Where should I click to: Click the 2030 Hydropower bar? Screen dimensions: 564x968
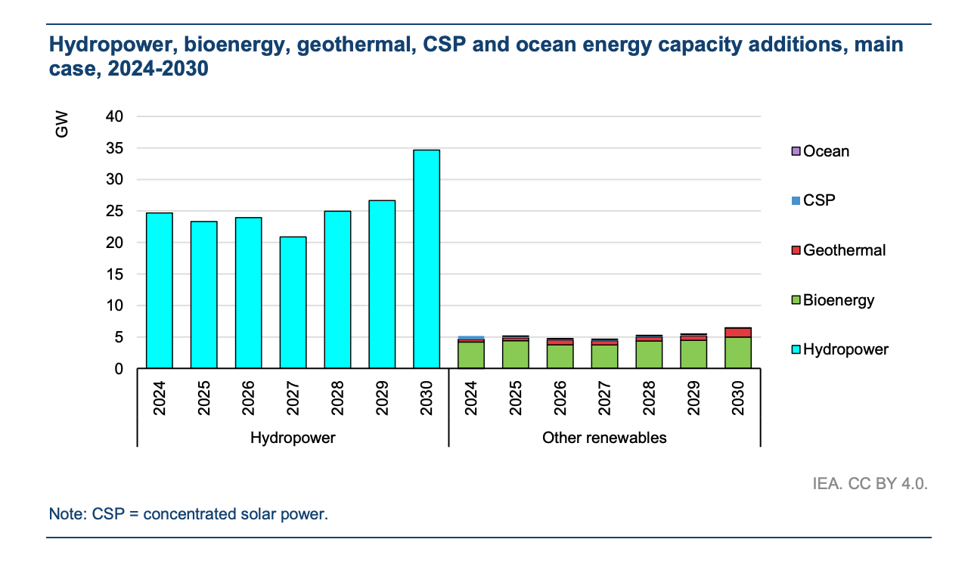tap(427, 259)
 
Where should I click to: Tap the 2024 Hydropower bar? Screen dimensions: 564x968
tap(160, 290)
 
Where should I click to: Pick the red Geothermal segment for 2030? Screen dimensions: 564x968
tap(738, 333)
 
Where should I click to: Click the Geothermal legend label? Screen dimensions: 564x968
tap(844, 250)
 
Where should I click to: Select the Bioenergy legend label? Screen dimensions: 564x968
tap(839, 300)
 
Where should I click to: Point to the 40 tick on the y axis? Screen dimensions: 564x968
tap(115, 116)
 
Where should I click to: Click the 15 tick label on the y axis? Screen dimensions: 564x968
tap(115, 274)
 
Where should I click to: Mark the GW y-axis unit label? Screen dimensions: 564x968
tap(62, 125)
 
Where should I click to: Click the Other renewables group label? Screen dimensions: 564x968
tap(604, 438)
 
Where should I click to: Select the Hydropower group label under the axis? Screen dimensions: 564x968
tap(293, 438)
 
